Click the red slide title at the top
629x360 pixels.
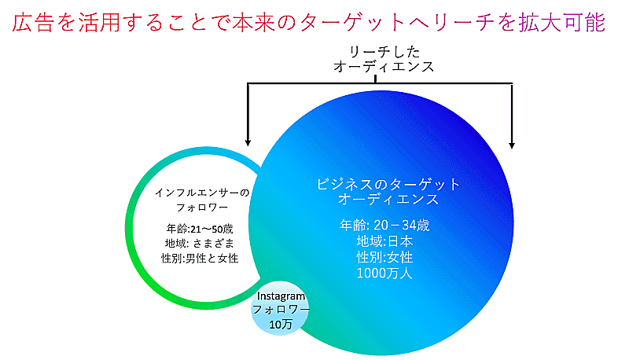(308, 22)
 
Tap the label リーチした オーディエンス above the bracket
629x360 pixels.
(384, 59)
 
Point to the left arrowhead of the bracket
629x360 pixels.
(248, 142)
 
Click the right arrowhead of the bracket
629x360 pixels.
(512, 145)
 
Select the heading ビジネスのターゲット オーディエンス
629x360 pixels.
(388, 191)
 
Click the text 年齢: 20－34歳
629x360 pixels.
(384, 225)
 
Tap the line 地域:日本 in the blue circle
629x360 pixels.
(384, 241)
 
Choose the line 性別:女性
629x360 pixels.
(384, 257)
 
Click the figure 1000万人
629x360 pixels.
(384, 273)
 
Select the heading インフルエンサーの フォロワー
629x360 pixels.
(202, 200)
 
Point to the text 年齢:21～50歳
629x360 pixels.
(200, 229)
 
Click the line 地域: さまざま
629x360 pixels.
(200, 244)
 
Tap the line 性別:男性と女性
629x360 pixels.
(200, 258)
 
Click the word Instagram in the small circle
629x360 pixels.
(281, 296)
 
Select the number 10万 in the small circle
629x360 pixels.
(281, 325)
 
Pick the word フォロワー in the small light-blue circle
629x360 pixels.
(281, 310)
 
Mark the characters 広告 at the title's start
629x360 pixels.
(33, 22)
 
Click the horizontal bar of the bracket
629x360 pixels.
(380, 83)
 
